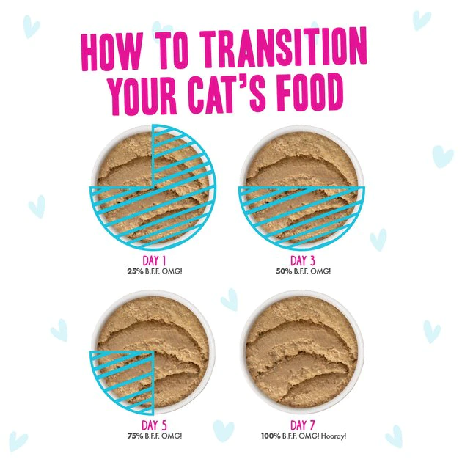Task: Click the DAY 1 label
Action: pos(153,260)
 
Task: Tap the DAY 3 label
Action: pos(302,260)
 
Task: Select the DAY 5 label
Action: pos(153,425)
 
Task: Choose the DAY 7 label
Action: pos(302,425)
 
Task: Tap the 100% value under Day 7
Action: pos(271,436)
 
